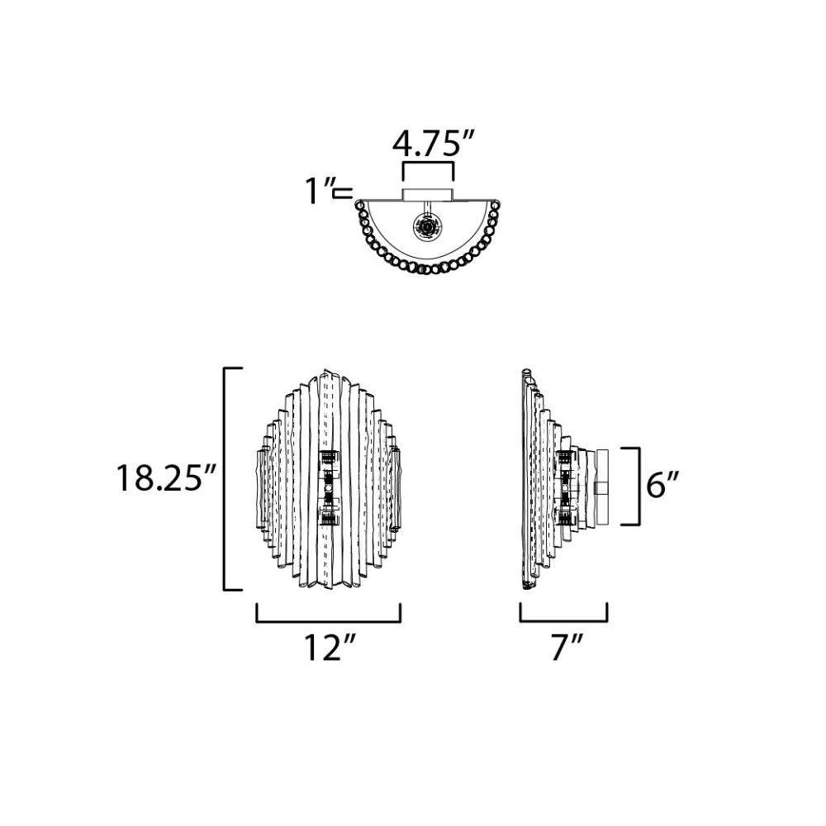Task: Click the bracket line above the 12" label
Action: tap(329, 622)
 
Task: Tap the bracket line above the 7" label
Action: tap(563, 622)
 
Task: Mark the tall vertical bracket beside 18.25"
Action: tap(225, 478)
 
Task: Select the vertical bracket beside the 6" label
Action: tap(638, 487)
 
